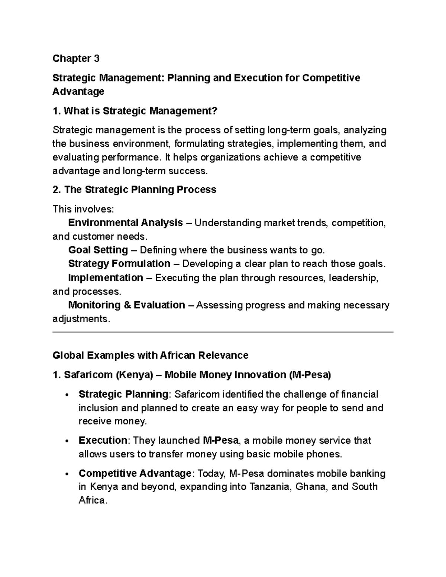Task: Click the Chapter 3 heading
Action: point(76,58)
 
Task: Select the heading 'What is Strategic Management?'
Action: point(135,111)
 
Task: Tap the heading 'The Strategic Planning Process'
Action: point(135,189)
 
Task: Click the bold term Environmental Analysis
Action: point(125,223)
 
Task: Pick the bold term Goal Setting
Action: point(98,250)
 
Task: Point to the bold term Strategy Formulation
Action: point(119,263)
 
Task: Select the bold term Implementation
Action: point(106,278)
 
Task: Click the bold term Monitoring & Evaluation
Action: point(126,305)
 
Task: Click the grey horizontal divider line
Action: point(223,332)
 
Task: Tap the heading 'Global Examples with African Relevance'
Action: point(150,356)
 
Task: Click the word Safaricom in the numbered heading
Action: point(88,375)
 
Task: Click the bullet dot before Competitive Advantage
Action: point(67,474)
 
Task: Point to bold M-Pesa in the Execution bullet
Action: point(221,440)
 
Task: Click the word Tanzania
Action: point(270,487)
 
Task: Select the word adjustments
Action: point(81,319)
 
